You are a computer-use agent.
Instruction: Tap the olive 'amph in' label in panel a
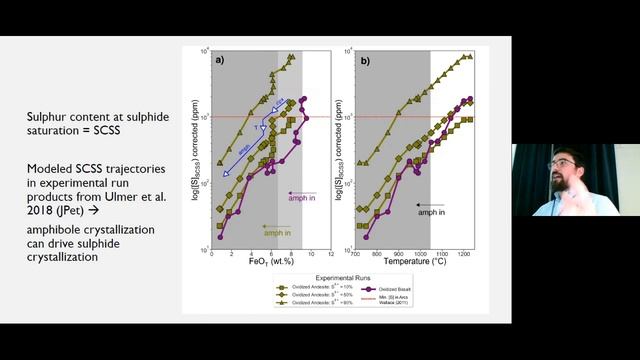277,232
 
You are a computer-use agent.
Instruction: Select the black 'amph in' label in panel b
432,213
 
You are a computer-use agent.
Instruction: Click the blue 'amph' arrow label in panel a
244,146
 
